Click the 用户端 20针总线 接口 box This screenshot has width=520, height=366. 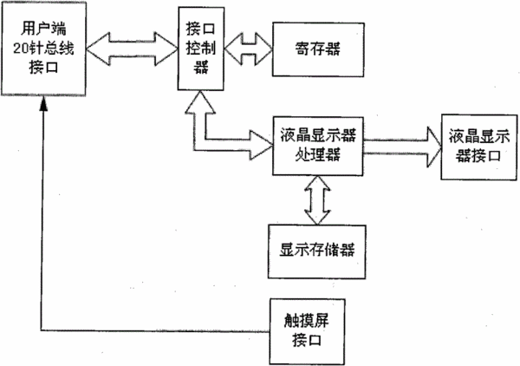(44, 49)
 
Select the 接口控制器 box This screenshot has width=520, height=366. (201, 49)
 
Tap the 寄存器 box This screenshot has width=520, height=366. (318, 49)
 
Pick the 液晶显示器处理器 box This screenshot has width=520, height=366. (318, 146)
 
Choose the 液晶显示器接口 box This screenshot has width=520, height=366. (479, 147)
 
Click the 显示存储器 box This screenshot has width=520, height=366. (317, 252)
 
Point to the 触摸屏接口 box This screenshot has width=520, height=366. (307, 331)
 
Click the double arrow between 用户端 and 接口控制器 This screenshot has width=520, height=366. (133, 49)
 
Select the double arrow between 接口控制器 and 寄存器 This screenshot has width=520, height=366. (248, 49)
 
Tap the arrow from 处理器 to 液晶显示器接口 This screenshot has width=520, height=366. (402, 147)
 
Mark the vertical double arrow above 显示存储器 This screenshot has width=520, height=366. (317, 200)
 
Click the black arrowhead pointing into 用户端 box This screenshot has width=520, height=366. (43, 103)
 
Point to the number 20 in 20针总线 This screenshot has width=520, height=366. (21, 49)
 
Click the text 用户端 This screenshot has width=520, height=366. (44, 29)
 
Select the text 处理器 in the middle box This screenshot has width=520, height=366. (318, 155)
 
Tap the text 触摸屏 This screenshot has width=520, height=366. (307, 321)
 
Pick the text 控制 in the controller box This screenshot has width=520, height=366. (201, 48)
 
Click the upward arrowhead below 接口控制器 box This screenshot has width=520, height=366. (200, 103)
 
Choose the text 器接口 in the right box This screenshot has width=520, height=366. (478, 155)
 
